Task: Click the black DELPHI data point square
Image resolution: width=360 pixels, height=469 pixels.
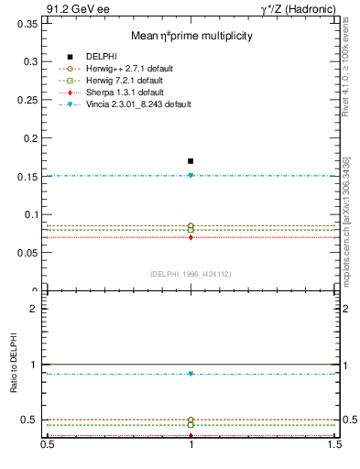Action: point(191,160)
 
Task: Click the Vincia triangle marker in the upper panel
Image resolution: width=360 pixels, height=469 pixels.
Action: point(191,175)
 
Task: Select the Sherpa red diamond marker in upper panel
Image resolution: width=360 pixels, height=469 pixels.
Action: point(191,237)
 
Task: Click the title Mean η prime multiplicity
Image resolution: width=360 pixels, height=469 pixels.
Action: point(191,35)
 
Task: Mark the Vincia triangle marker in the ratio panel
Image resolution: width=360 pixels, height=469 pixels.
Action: point(191,374)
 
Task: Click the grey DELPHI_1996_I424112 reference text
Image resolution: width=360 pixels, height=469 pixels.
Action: point(191,273)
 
